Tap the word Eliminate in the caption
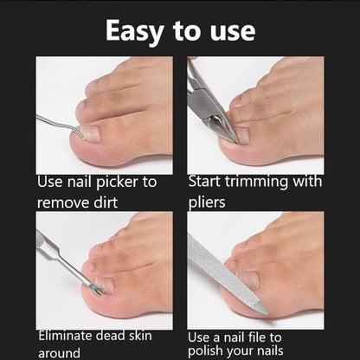click(x=70, y=334)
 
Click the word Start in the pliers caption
click(x=206, y=183)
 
